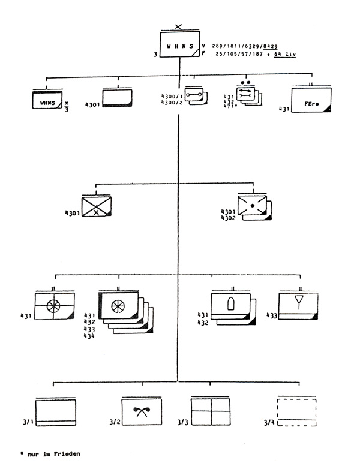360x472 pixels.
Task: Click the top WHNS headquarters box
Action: (x=180, y=46)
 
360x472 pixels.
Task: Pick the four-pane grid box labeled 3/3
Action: (x=211, y=411)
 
